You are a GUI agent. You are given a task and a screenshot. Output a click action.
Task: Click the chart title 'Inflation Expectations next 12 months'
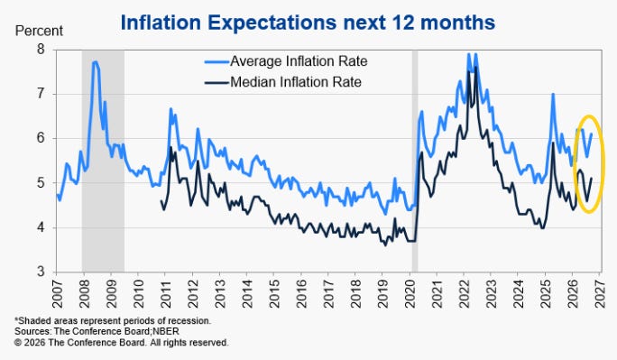pyautogui.click(x=308, y=23)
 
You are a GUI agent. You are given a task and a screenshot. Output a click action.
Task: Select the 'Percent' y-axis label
pyautogui.click(x=39, y=31)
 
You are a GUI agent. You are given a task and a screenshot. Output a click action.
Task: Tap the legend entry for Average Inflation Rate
pyautogui.click(x=286, y=61)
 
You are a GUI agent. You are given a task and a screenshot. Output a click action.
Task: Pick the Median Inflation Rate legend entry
pyautogui.click(x=282, y=82)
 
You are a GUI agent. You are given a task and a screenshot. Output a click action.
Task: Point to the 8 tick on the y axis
pyautogui.click(x=41, y=50)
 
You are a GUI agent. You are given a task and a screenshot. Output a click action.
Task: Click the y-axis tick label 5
pyautogui.click(x=41, y=183)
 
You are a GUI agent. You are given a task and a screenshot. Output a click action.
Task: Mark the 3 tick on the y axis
pyautogui.click(x=41, y=272)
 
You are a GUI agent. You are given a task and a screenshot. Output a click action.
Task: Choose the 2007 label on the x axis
pyautogui.click(x=57, y=294)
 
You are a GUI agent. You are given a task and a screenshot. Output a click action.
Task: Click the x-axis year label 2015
pyautogui.click(x=274, y=294)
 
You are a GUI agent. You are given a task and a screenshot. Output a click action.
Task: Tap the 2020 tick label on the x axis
pyautogui.click(x=410, y=294)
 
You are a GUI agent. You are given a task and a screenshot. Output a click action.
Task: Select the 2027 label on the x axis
pyautogui.click(x=600, y=294)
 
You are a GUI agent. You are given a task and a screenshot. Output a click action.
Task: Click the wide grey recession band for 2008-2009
pyautogui.click(x=103, y=161)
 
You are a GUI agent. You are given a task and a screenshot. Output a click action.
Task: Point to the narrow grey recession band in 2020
pyautogui.click(x=415, y=161)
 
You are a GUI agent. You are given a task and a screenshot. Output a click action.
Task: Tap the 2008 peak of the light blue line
pyautogui.click(x=95, y=61)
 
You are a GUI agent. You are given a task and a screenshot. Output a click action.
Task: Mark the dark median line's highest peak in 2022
pyautogui.click(x=475, y=68)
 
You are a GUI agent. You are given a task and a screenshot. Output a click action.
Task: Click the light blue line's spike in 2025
pyautogui.click(x=553, y=94)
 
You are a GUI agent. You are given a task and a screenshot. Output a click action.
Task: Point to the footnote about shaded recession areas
pyautogui.click(x=113, y=320)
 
